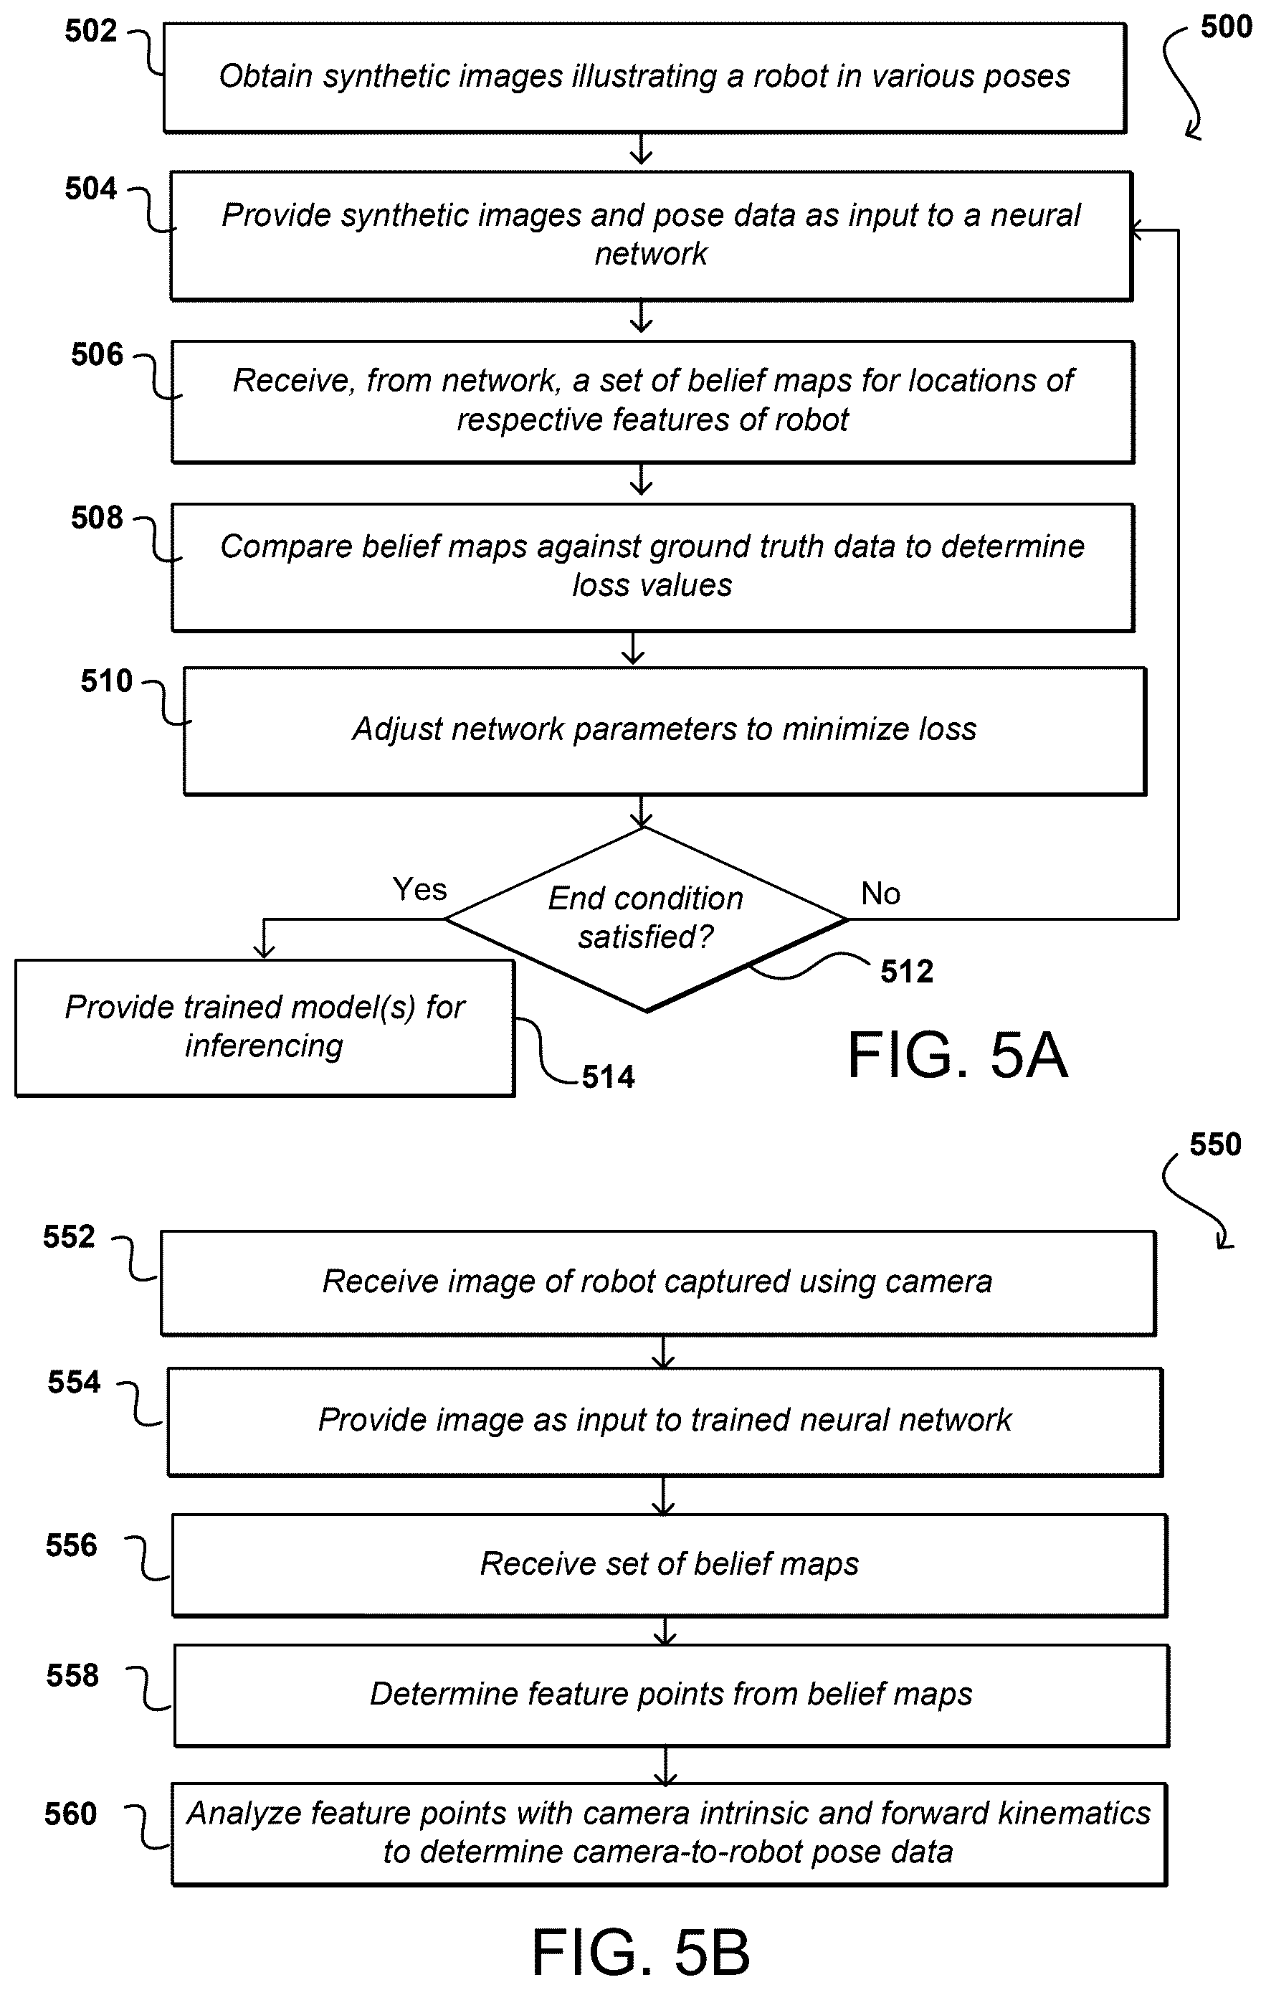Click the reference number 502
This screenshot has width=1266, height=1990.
[91, 32]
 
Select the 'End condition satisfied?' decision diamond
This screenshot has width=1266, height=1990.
[645, 919]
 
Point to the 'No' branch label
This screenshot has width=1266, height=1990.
[880, 894]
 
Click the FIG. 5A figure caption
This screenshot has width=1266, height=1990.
[958, 1056]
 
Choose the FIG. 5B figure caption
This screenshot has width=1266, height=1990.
[640, 1953]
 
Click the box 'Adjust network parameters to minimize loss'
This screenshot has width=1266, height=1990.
[665, 731]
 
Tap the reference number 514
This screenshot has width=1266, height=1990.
[608, 1077]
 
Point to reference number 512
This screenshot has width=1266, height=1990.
[907, 972]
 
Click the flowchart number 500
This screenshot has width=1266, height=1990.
[1227, 27]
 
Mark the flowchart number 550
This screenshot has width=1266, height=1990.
[1215, 1145]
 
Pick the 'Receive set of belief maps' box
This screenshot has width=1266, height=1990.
[670, 1565]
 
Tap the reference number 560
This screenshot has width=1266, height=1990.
[70, 1814]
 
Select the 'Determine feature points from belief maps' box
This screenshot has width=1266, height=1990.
[671, 1696]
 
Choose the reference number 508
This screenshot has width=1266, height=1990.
[97, 518]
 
